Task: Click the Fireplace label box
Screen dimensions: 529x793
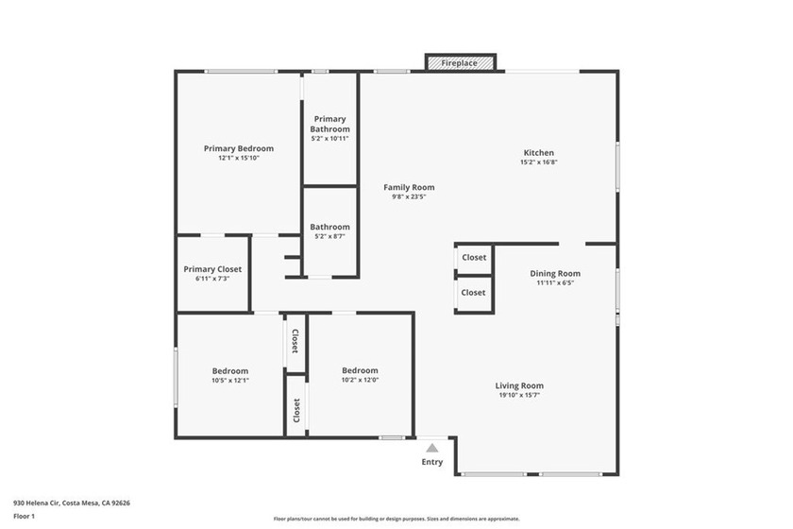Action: click(x=461, y=63)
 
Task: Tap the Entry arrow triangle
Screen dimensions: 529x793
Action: click(x=431, y=448)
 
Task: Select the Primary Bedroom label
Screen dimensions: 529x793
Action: click(x=239, y=148)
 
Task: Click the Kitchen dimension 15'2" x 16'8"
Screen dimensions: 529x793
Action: click(x=539, y=162)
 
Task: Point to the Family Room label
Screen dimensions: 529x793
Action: click(x=409, y=187)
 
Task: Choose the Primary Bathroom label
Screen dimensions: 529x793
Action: click(x=329, y=124)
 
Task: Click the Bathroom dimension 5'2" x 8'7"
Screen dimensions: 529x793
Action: click(x=329, y=236)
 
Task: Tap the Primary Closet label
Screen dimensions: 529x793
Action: click(x=212, y=269)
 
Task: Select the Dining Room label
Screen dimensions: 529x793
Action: click(x=554, y=273)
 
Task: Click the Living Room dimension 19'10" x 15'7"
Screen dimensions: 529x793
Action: click(x=519, y=395)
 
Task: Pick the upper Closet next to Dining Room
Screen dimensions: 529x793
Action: click(x=474, y=257)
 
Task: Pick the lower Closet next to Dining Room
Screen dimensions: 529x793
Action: click(x=474, y=293)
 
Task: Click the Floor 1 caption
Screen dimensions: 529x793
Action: click(x=24, y=516)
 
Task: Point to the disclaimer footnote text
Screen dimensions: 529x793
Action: click(x=396, y=519)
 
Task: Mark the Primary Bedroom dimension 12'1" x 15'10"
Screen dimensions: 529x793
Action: click(x=239, y=158)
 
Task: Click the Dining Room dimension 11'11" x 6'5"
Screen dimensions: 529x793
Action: click(x=554, y=282)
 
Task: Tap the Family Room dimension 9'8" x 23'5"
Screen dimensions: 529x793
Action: click(x=409, y=196)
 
